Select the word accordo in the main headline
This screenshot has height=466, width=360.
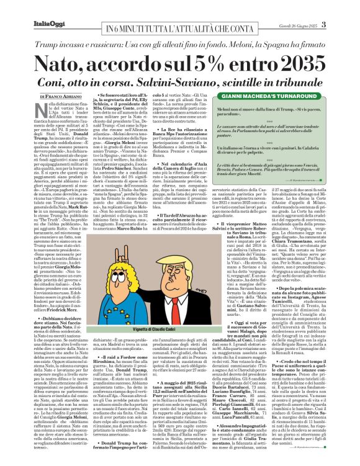132,62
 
